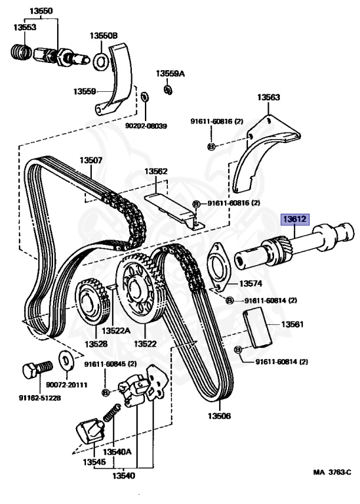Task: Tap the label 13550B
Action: click(104, 35)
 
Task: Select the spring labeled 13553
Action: click(21, 51)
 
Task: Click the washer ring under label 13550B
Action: click(100, 61)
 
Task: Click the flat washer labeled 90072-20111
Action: click(66, 360)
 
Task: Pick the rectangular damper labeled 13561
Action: click(257, 328)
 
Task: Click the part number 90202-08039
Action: click(146, 126)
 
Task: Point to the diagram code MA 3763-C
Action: click(332, 472)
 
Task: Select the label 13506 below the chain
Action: click(219, 416)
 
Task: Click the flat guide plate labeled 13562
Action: click(173, 211)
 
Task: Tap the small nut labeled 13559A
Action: click(168, 90)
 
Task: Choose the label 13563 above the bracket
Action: click(268, 97)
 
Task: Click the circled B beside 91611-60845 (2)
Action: click(106, 392)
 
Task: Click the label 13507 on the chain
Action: click(91, 160)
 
